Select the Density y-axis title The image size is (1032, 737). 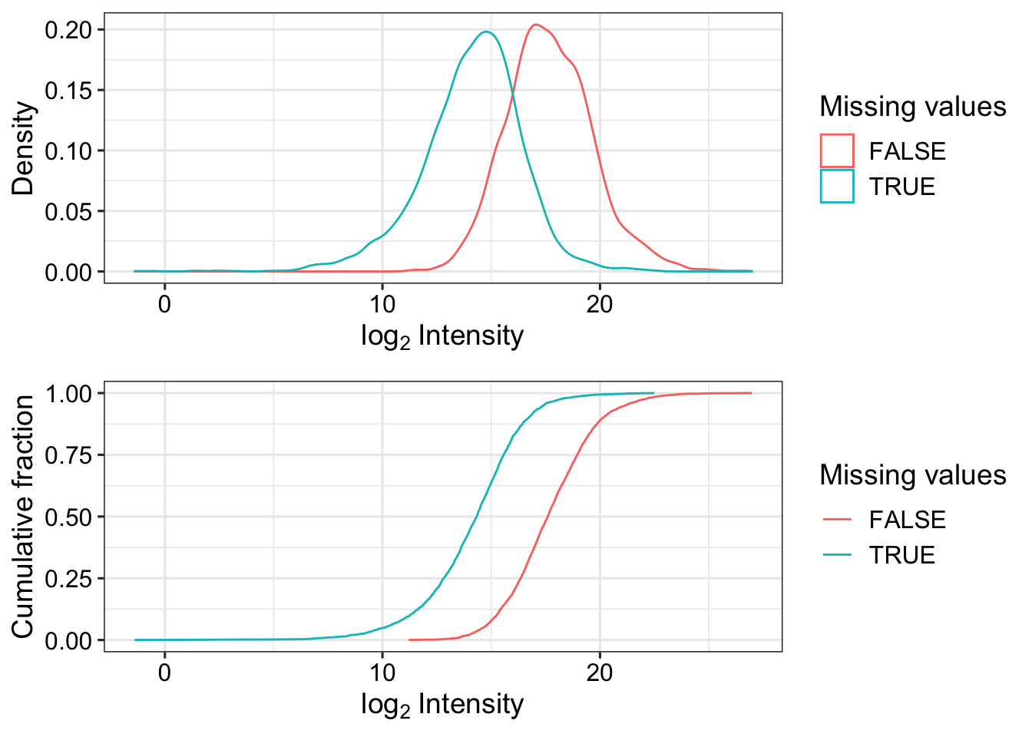24,148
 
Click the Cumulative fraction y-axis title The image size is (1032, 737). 24,516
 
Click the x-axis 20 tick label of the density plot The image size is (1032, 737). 599,304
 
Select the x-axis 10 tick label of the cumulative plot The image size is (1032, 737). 382,673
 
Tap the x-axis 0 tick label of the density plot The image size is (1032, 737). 164,304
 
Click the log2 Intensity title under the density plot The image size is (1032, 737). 442,336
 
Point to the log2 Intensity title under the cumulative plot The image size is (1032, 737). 442,705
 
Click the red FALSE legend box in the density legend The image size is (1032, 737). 837,151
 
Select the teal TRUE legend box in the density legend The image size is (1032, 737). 837,187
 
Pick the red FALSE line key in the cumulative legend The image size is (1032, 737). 837,520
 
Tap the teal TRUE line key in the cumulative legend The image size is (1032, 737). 837,555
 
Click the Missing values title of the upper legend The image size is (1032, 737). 912,107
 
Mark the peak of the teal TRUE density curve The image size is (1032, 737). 486,31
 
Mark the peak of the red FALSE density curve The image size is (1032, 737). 536,25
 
